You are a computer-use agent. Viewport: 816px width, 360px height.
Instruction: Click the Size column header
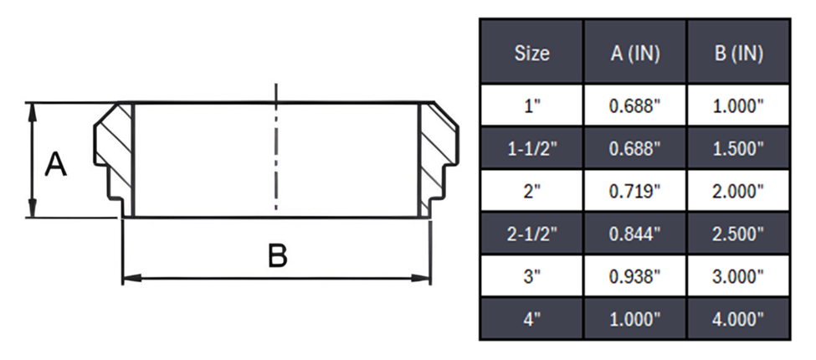[531, 53]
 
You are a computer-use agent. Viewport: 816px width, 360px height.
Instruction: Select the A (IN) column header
[635, 53]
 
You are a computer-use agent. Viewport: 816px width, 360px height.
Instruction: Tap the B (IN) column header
[738, 53]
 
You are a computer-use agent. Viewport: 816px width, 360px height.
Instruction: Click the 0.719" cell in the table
[635, 191]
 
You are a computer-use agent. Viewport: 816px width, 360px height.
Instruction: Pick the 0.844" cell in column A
[635, 234]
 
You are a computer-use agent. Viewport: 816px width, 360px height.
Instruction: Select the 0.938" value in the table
[635, 276]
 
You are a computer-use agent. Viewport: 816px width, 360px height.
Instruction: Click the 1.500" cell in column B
[738, 148]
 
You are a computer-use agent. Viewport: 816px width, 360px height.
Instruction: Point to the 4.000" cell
[738, 319]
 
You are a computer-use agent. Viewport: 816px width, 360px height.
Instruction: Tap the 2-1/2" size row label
[531, 234]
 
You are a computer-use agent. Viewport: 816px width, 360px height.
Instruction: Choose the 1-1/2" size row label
[531, 148]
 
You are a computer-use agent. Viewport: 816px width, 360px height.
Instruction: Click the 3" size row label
[531, 276]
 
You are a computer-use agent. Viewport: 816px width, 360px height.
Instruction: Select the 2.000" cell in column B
[738, 191]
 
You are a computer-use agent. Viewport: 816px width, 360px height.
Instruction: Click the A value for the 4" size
[635, 319]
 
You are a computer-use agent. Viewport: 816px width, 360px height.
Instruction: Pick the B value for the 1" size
[738, 105]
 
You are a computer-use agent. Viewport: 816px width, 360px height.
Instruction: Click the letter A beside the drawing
[55, 164]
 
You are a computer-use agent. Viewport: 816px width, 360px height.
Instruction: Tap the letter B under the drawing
[277, 256]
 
